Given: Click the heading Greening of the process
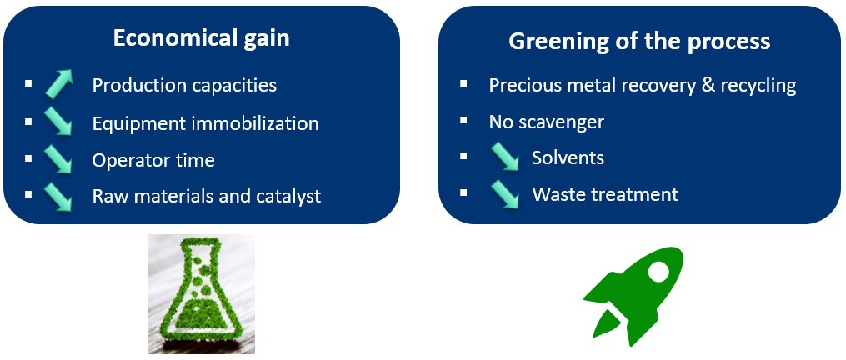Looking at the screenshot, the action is [x=639, y=41].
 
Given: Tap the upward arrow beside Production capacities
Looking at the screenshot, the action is [x=58, y=83].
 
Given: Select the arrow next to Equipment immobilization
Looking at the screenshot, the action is [x=58, y=121].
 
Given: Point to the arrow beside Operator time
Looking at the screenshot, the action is [x=58, y=158].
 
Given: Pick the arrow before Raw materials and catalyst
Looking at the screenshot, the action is [x=58, y=196].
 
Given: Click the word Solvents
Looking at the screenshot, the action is [x=568, y=157].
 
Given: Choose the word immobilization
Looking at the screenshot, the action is [x=256, y=123].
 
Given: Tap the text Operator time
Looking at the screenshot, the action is [x=153, y=160].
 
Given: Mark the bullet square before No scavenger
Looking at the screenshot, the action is [x=463, y=120].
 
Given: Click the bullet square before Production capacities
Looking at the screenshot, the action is [x=28, y=83].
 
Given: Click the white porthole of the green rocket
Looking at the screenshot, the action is [x=658, y=272].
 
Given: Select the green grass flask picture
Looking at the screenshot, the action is [x=202, y=294].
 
